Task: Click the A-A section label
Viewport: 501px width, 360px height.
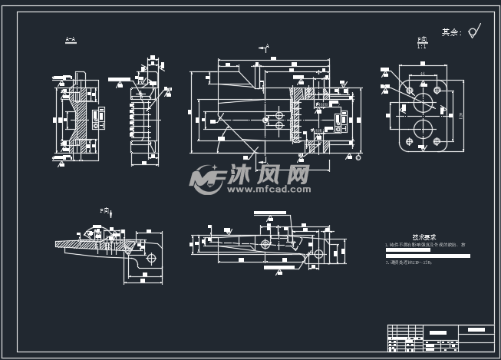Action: (x=71, y=39)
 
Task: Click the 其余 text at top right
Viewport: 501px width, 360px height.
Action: (x=451, y=32)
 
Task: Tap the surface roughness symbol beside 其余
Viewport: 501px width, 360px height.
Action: (x=474, y=31)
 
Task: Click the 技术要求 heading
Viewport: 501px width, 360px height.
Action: (x=424, y=237)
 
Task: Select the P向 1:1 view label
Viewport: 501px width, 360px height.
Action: (x=422, y=41)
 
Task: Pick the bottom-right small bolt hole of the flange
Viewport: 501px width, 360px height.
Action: (x=437, y=142)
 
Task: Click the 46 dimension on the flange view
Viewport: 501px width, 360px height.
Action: (x=423, y=74)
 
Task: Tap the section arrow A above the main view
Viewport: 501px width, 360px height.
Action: (x=264, y=48)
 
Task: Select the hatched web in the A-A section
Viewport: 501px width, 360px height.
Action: (x=81, y=117)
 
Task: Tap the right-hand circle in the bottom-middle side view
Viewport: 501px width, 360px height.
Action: (x=318, y=254)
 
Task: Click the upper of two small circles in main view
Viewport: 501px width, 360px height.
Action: (x=279, y=114)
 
